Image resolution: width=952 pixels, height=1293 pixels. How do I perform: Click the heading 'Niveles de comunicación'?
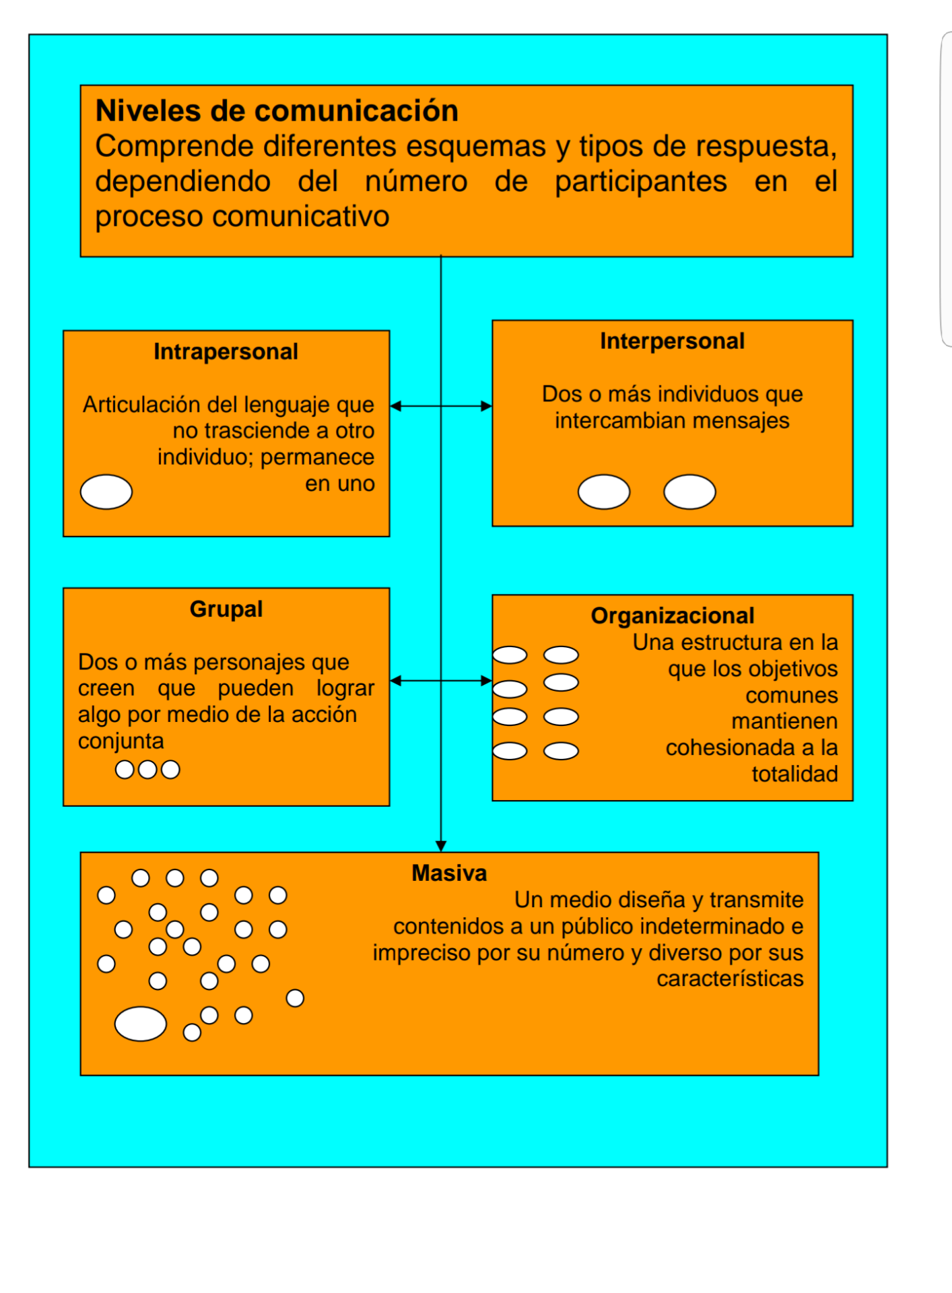coord(277,110)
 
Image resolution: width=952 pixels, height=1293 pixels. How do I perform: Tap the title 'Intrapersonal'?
coord(226,352)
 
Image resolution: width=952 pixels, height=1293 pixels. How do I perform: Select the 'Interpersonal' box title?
coord(672,341)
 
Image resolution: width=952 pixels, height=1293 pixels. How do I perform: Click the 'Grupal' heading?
coord(226,609)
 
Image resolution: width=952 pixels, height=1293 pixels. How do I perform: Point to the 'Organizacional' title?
coord(673,616)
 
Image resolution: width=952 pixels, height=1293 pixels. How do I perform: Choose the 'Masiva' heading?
coord(449,873)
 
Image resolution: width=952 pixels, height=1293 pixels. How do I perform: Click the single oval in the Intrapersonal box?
coord(106,492)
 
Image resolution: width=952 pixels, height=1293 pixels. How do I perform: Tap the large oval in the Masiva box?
coord(141,1024)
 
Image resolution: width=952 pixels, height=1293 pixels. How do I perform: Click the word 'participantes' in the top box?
coord(641,182)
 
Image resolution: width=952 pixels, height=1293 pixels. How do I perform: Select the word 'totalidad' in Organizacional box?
coord(795,774)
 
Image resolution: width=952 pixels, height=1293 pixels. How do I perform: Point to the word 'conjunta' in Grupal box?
coord(121,741)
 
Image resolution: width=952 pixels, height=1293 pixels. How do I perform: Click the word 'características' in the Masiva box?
coord(730,979)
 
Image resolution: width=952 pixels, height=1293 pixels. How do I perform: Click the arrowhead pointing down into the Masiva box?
coord(441,847)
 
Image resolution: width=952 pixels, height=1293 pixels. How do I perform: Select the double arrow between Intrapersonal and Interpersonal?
coord(441,406)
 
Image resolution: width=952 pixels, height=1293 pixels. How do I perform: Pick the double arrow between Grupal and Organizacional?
coord(441,681)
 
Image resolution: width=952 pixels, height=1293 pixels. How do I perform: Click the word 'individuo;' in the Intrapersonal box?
coord(206,457)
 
